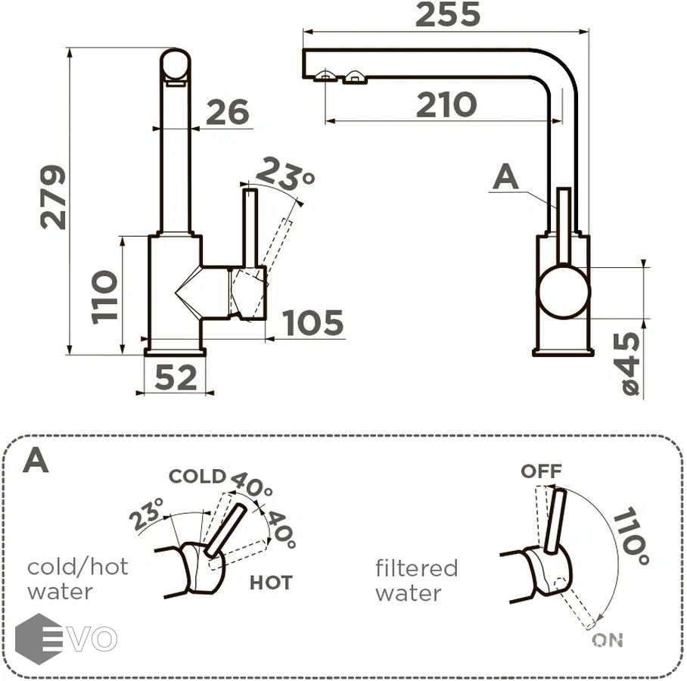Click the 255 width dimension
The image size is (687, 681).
pyautogui.click(x=447, y=14)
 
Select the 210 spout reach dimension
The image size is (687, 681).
pyautogui.click(x=446, y=104)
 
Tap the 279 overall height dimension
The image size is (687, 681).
pyautogui.click(x=53, y=197)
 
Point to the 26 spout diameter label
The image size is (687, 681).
pyautogui.click(x=228, y=112)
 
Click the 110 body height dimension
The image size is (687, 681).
pyautogui.click(x=104, y=297)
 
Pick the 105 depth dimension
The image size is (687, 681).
pyautogui.click(x=312, y=323)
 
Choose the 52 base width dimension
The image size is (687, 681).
pyautogui.click(x=176, y=378)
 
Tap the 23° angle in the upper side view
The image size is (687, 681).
pyautogui.click(x=285, y=174)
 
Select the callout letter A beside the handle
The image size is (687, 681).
pyautogui.click(x=505, y=176)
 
